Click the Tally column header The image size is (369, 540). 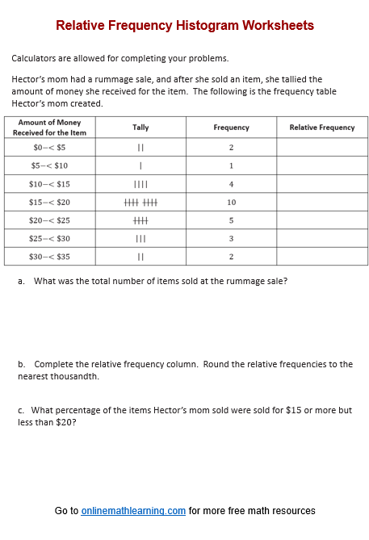(x=140, y=128)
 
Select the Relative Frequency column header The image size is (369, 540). (x=321, y=128)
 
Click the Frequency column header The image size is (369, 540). (x=231, y=128)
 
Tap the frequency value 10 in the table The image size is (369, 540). (x=231, y=203)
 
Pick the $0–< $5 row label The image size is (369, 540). (x=49, y=148)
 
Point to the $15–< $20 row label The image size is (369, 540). (x=49, y=203)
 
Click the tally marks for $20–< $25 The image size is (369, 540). (x=140, y=220)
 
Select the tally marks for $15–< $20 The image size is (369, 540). (x=140, y=203)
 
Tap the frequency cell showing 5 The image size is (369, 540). (x=231, y=220)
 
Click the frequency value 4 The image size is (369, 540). (x=231, y=184)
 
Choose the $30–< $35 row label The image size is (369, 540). (x=49, y=257)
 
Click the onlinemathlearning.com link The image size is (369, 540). (x=133, y=511)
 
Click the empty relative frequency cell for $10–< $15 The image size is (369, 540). (x=321, y=184)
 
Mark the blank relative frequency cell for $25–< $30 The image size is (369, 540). (x=321, y=239)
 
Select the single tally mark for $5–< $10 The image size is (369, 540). (x=140, y=166)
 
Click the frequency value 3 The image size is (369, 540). (x=231, y=239)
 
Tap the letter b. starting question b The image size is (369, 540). (x=21, y=364)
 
